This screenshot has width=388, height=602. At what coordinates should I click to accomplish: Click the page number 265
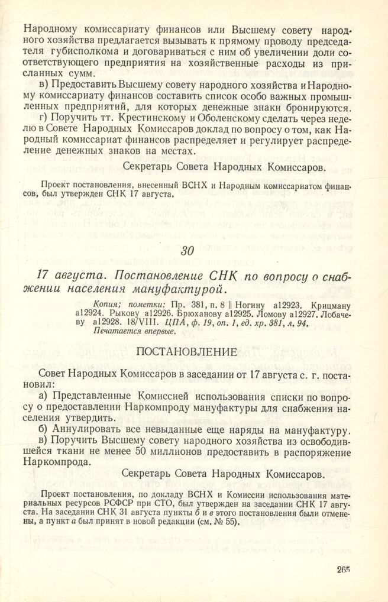[341, 569]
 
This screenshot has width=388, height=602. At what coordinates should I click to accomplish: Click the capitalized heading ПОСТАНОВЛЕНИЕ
[186, 351]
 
